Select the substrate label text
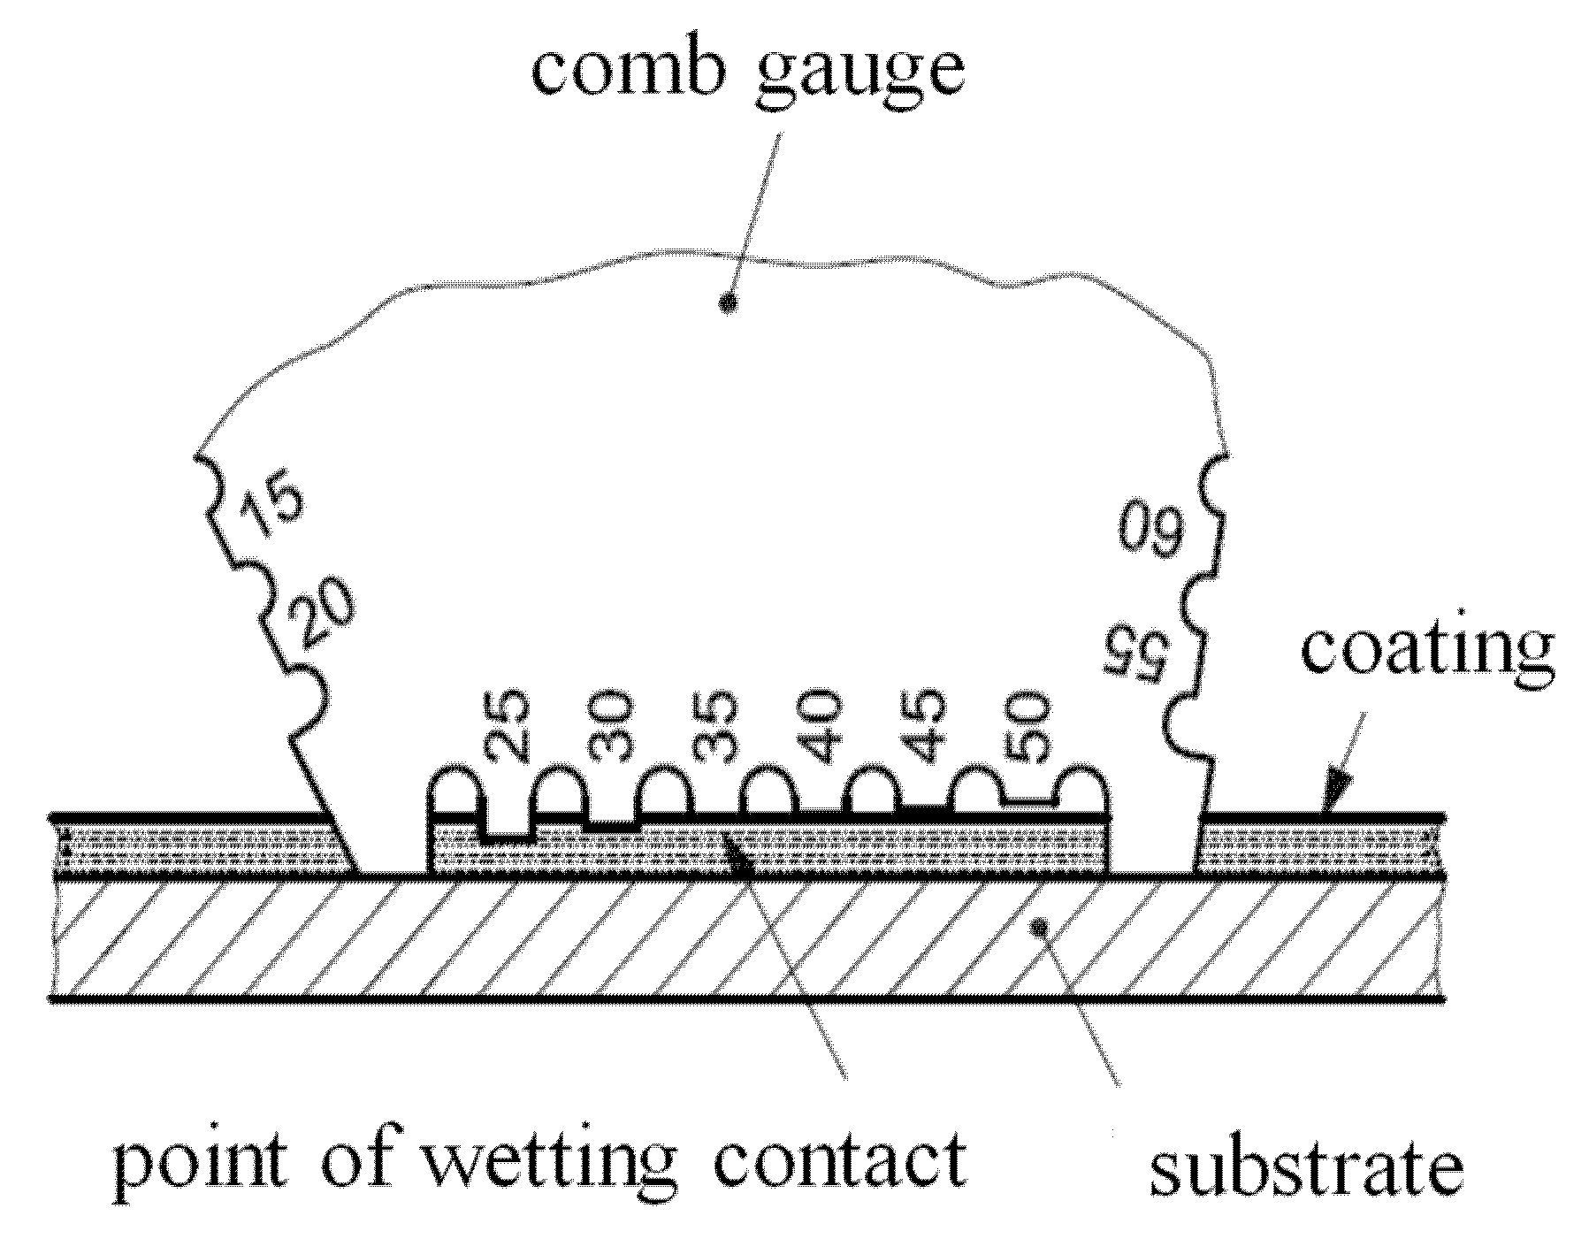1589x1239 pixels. pos(1305,1165)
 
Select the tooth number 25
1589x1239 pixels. pos(508,727)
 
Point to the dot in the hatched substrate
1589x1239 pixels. pos(1040,927)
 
